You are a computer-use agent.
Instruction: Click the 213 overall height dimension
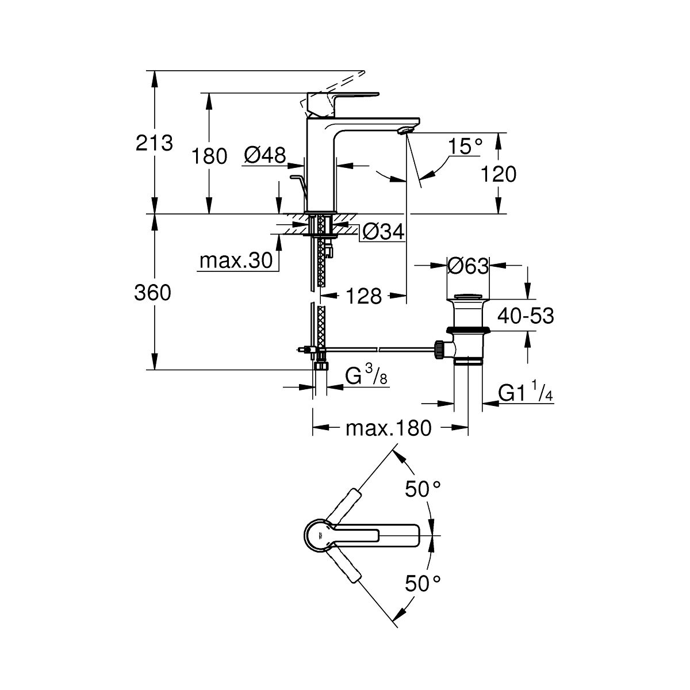coord(154,142)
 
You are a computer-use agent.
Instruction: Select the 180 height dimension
coord(209,155)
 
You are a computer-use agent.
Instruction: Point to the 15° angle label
coord(465,146)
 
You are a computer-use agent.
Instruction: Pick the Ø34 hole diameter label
coord(384,232)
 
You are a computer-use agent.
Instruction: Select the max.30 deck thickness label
coord(235,262)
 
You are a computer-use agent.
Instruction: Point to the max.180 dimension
coord(388,428)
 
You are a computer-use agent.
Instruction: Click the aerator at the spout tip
coord(406,131)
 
